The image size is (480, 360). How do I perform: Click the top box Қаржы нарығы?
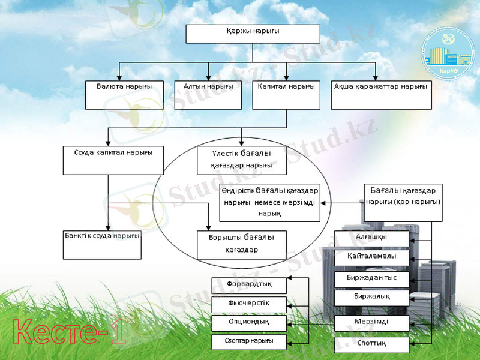pos(253,34)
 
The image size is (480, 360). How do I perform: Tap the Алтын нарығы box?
pos(208,94)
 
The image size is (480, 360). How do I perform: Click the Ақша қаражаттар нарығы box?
pos(381,94)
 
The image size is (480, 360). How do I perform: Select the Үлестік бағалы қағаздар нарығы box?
pos(241,160)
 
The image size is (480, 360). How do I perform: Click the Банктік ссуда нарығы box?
pos(102,244)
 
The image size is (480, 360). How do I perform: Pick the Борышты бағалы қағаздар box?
pos(242,245)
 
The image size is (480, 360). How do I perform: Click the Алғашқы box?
pos(372,238)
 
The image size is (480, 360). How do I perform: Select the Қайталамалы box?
pos(372,257)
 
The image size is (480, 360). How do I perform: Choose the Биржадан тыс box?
pos(372,279)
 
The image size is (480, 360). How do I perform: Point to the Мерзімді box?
pos(372,323)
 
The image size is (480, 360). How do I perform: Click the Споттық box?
pos(372,344)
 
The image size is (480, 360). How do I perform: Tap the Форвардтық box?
pos(249,285)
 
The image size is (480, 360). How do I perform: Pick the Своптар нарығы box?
pos(249,342)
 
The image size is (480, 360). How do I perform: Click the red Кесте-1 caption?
pos(70,332)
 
